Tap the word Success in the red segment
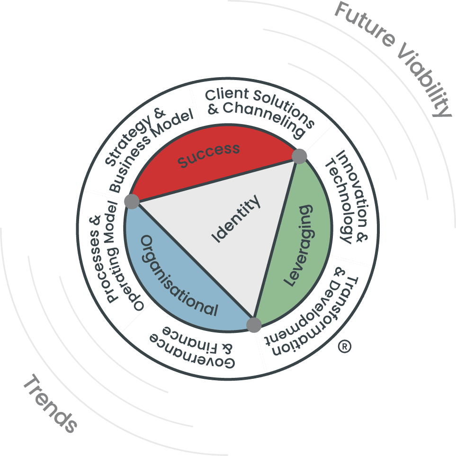208,155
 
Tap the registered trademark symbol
345,347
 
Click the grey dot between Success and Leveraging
299,156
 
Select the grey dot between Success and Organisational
132,201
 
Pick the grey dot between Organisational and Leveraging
254,325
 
